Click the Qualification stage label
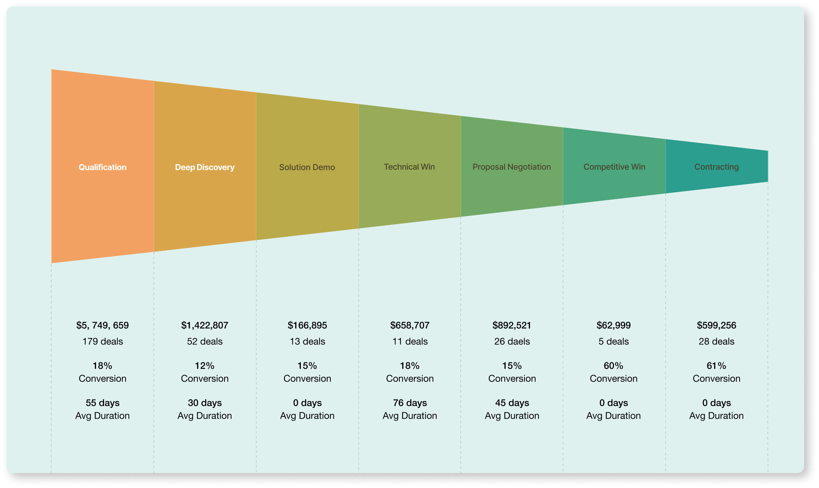(102, 167)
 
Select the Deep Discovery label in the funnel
(205, 167)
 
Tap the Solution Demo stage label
(307, 167)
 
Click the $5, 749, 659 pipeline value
(102, 325)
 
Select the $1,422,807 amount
(205, 325)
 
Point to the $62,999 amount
(614, 325)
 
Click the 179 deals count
(102, 341)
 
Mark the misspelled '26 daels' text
(512, 341)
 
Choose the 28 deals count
(716, 341)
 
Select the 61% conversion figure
(716, 366)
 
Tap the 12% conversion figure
(205, 366)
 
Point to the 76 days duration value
(410, 403)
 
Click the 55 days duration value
(102, 403)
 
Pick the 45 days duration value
(512, 403)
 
